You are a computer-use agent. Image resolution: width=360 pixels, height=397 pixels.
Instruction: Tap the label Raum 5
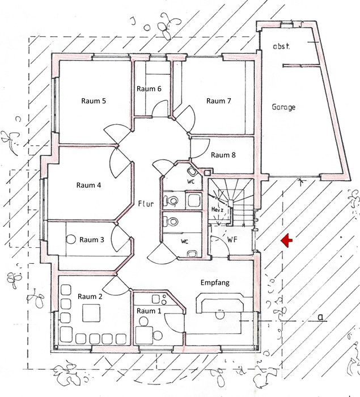pos(94,101)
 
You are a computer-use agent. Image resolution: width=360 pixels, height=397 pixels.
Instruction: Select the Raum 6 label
pos(149,89)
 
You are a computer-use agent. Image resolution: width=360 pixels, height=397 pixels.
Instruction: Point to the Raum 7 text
pos(218,101)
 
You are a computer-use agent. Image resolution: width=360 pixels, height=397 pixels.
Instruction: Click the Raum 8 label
pos(223,155)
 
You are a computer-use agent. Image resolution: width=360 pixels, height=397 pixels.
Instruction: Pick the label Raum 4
pos(88,185)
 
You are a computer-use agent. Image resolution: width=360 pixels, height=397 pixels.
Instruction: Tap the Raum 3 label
pos(92,240)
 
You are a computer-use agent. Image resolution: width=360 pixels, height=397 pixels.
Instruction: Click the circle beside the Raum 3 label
pos(71,239)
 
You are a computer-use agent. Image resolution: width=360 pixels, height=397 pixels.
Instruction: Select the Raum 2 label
pos(90,297)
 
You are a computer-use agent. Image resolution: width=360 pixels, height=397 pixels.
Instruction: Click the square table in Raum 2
pos(91,312)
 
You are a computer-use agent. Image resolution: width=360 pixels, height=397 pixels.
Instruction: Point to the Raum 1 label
pos(149,311)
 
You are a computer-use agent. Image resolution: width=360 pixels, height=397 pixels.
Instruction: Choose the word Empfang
pos(215,282)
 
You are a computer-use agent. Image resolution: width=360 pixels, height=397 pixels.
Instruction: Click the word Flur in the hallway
pos(146,204)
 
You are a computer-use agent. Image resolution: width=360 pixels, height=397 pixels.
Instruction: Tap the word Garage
pos(283,107)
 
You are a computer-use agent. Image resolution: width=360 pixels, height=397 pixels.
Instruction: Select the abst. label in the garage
pos(281,47)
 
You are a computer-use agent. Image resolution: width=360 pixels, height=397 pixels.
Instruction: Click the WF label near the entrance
pos(232,239)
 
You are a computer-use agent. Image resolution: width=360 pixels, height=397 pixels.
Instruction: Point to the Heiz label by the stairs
pos(217,210)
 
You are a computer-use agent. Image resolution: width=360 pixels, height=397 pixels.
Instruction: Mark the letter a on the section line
pos(321,316)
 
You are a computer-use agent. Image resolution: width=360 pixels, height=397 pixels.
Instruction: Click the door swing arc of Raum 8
pos(206,149)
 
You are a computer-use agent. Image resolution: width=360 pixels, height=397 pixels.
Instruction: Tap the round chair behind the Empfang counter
pos(219,315)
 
